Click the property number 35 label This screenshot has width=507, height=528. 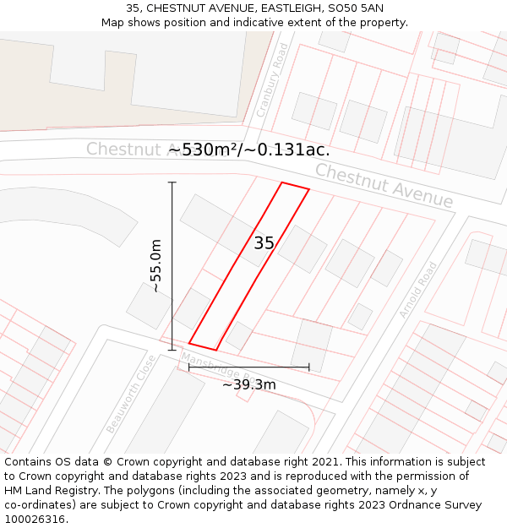(x=264, y=243)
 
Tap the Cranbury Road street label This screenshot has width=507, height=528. (x=273, y=80)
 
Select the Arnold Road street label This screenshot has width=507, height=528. (x=417, y=290)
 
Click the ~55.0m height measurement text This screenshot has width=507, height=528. (x=155, y=265)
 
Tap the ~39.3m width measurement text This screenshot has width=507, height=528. (x=249, y=385)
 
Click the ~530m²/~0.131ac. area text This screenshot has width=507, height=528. (x=249, y=150)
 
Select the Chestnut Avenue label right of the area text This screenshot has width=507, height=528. (x=384, y=185)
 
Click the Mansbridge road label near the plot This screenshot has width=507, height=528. (x=215, y=367)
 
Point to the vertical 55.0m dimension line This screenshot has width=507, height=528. (x=172, y=265)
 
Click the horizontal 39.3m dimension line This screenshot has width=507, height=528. (x=248, y=367)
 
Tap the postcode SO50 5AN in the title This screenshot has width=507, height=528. (x=352, y=8)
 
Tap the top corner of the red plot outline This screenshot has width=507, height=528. (x=281, y=182)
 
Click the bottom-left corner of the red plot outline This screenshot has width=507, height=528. (x=189, y=343)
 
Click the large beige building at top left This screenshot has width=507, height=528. (x=127, y=76)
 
